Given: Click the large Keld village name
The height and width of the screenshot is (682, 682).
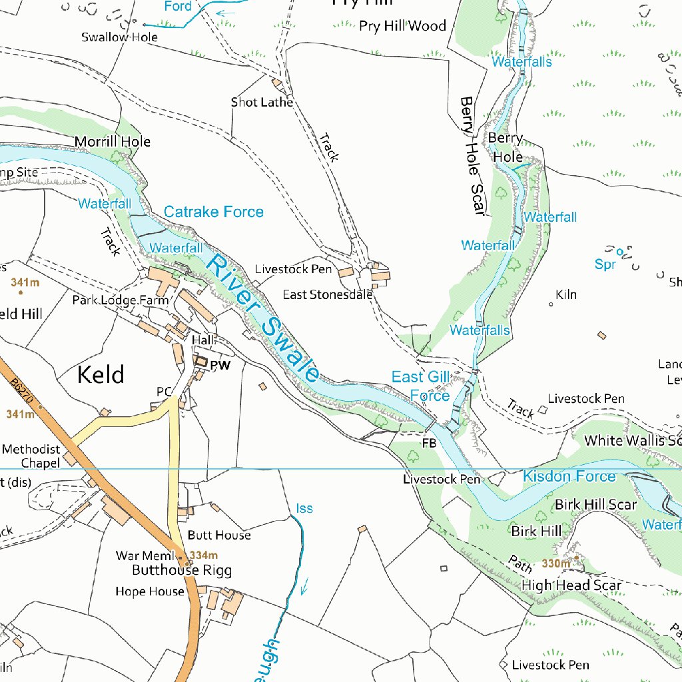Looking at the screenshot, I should (x=101, y=374).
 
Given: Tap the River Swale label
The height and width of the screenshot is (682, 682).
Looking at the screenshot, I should (x=262, y=318).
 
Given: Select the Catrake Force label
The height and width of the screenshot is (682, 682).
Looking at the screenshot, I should (x=213, y=212).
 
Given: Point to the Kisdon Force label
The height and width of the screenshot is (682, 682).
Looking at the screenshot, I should (x=569, y=476).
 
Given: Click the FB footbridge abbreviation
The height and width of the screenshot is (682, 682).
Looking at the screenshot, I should (x=429, y=442).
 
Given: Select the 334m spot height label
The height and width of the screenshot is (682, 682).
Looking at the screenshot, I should (x=203, y=555).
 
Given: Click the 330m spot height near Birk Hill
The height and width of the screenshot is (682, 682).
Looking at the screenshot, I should (x=555, y=563).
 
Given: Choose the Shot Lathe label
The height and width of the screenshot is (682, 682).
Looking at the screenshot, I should (x=262, y=102).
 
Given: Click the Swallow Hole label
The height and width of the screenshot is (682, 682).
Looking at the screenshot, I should (x=119, y=37).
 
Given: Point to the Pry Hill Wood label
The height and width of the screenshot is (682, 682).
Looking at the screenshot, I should (x=402, y=26).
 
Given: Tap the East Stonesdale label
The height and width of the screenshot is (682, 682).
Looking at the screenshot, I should (x=327, y=294).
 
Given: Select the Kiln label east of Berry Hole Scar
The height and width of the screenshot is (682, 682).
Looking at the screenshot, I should (x=566, y=294).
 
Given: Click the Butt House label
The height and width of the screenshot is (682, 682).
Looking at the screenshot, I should (x=219, y=535).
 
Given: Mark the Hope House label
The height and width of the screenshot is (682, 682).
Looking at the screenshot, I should (x=149, y=591).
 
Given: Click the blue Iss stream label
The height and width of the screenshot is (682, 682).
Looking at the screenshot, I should (x=304, y=509).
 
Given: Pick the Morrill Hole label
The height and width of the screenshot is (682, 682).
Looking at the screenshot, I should (x=113, y=142).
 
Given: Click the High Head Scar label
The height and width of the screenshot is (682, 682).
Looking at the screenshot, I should (x=571, y=585).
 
